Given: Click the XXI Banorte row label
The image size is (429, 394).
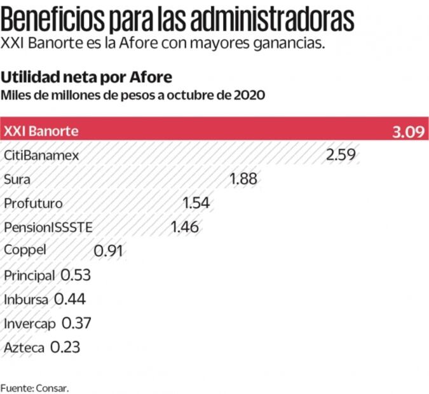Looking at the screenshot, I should [41, 132].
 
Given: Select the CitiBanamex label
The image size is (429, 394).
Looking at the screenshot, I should [41, 155].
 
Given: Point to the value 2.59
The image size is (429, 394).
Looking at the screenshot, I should [341, 155].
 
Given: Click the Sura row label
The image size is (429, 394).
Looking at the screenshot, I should [17, 179].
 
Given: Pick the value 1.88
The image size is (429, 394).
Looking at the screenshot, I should [243, 179].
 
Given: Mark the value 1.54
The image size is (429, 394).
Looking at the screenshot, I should [196, 203].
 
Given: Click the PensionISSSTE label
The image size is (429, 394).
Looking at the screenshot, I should [48, 227].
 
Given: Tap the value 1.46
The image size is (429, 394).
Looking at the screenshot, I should [185, 227].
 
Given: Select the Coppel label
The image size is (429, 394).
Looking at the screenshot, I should [25, 250].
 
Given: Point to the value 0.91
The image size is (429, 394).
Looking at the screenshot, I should [108, 251].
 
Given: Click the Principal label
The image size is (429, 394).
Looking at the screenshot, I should [29, 275].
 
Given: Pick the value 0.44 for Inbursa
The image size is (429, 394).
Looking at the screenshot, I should [70, 299].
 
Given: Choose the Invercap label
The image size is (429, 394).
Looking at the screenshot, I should [30, 323].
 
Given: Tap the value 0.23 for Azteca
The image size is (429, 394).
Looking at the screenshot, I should [65, 348].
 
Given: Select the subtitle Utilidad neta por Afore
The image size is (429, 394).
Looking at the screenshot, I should [86, 78].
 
